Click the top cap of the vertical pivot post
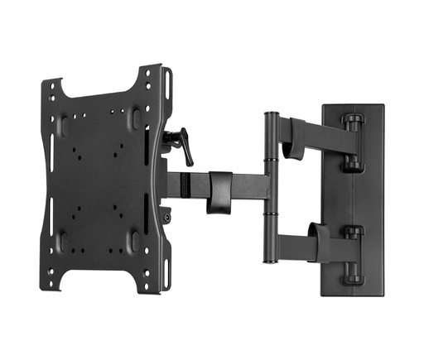point(270,114)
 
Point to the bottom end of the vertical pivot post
point(269,259)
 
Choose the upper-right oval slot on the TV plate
point(135,118)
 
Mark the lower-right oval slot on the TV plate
point(135,241)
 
